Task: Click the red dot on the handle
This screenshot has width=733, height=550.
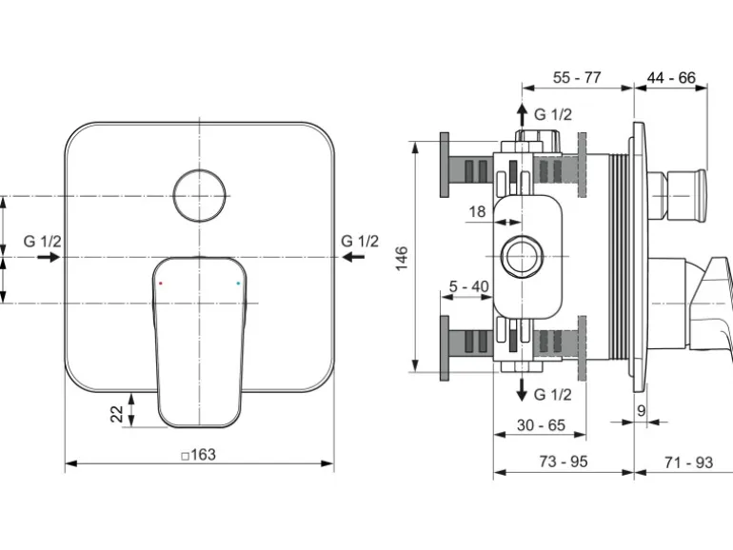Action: coord(161,284)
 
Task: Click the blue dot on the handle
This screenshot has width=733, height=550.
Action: coord(238,284)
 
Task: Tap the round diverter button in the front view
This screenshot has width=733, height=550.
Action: coord(199,195)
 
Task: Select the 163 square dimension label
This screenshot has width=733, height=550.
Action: coord(199,454)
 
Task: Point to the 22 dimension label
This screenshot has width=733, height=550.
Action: coord(117,414)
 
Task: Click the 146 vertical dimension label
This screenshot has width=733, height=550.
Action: coord(402,258)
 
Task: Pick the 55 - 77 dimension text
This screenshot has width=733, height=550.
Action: coord(577,77)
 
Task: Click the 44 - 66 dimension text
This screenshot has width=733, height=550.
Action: coord(671,77)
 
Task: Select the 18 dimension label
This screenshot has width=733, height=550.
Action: coord(477,211)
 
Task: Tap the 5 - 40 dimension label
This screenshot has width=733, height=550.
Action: coord(469,286)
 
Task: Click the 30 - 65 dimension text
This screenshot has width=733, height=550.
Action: coord(541,425)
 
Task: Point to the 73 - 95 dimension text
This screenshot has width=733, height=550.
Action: coord(564,462)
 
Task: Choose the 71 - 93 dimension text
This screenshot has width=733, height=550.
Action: coord(688,462)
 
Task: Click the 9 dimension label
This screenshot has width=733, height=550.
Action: coord(641,411)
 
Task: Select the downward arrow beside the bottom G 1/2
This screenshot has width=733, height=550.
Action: coord(522,390)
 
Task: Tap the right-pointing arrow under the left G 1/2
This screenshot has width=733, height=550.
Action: coord(49,257)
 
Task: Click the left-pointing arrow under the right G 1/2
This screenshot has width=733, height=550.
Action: coord(353,257)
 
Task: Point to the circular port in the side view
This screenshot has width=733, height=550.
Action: coord(522,257)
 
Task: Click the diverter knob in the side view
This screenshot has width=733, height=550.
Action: coord(677,196)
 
